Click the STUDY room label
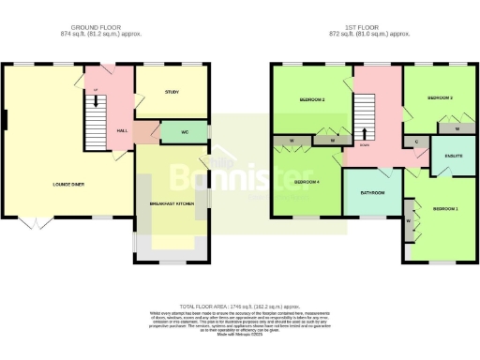171,92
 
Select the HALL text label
122,130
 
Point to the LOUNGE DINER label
67,185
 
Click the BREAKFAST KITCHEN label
172,202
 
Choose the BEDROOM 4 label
307,181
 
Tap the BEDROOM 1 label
445,207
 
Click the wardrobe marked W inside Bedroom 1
410,221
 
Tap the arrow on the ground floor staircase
95,91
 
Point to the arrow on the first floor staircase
365,133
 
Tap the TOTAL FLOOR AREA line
240,306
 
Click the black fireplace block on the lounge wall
6,120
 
